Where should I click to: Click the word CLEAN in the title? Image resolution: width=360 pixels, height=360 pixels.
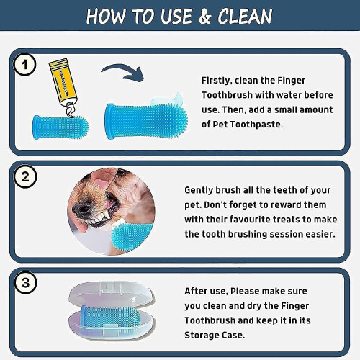pyautogui.click(x=245, y=16)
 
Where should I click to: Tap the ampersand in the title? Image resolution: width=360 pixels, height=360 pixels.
pyautogui.click(x=204, y=17)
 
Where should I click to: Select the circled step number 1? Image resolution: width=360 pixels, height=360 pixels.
pyautogui.click(x=24, y=65)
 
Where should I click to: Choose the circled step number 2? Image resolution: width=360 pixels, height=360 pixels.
pyautogui.click(x=25, y=176)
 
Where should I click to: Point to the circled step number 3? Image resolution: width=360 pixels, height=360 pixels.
pyautogui.click(x=25, y=283)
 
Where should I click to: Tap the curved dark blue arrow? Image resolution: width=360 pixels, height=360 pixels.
pyautogui.click(x=123, y=72)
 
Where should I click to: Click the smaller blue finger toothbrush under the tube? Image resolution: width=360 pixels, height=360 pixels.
pyautogui.click(x=60, y=127)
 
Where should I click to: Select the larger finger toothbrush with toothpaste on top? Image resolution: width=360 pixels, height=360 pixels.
pyautogui.click(x=146, y=119)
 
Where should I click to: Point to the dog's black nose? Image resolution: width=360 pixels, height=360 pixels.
pyautogui.click(x=81, y=210)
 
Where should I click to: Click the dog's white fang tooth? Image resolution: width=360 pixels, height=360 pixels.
pyautogui.click(x=106, y=217)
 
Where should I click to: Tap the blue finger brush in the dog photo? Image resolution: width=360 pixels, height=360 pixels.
pyautogui.click(x=132, y=236)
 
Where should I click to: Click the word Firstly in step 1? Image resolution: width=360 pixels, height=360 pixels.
pyautogui.click(x=217, y=81)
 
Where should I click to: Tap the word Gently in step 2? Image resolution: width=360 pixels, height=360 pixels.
pyautogui.click(x=199, y=190)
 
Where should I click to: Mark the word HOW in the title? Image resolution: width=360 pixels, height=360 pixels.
pyautogui.click(x=106, y=17)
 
